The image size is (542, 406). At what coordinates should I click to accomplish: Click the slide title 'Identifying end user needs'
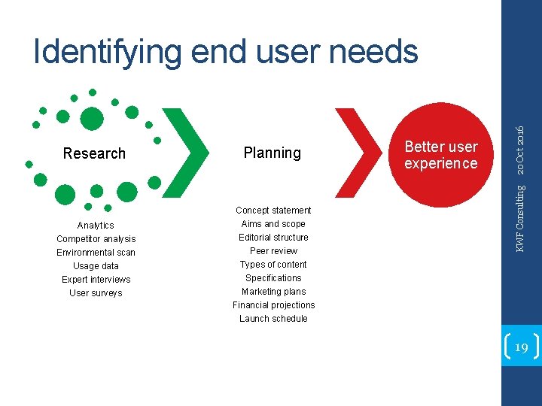pyautogui.click(x=226, y=52)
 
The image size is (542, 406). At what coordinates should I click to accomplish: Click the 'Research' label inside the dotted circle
pyautogui.click(x=94, y=153)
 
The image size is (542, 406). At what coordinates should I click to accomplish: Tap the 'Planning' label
pyautogui.click(x=272, y=153)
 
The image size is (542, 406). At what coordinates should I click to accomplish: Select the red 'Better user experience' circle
pyautogui.click(x=440, y=154)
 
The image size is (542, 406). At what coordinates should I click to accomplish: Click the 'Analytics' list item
pyautogui.click(x=96, y=226)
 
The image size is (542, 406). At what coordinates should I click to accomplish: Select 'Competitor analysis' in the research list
pyautogui.click(x=96, y=239)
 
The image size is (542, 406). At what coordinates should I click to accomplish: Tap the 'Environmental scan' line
pyautogui.click(x=96, y=253)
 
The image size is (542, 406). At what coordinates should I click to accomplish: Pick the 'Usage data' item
pyautogui.click(x=96, y=266)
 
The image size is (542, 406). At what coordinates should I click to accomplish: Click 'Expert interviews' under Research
pyautogui.click(x=96, y=280)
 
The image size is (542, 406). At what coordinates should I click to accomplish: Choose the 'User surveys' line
pyautogui.click(x=96, y=293)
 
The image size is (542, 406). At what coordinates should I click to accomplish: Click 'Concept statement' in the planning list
pyautogui.click(x=273, y=211)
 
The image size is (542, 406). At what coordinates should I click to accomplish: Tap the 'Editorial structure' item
pyautogui.click(x=273, y=238)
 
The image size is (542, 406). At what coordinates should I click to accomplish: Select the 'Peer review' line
pyautogui.click(x=273, y=251)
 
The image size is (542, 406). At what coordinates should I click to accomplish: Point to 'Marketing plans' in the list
pyautogui.click(x=273, y=292)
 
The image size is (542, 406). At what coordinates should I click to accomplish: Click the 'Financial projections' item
pyautogui.click(x=273, y=305)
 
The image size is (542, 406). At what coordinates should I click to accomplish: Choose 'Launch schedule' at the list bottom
pyautogui.click(x=273, y=319)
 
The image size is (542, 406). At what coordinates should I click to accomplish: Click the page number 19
pyautogui.click(x=521, y=347)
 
